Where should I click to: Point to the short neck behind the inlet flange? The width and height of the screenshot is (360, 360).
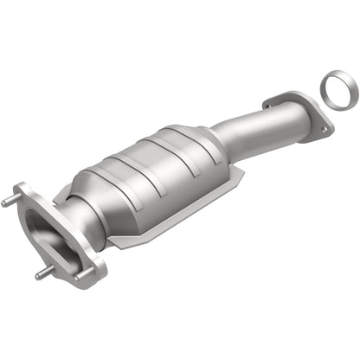[78, 221]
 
